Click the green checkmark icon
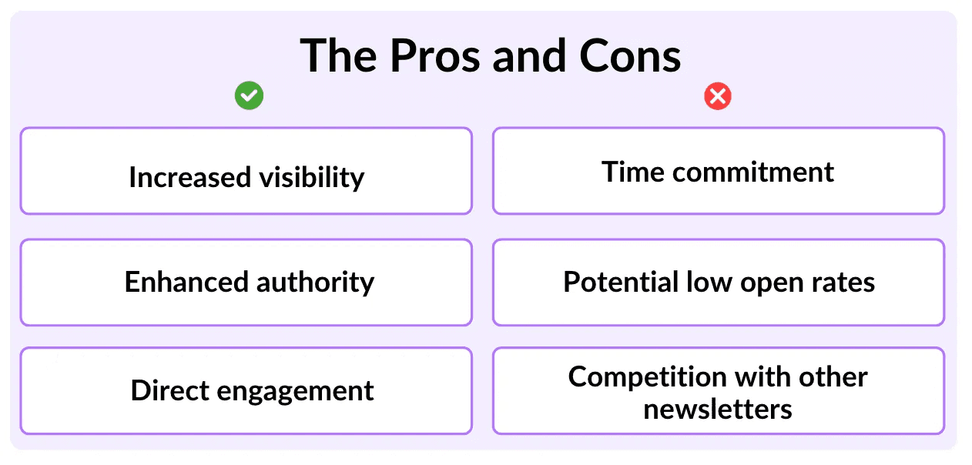coord(249,95)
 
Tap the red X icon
coord(718,96)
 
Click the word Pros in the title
coord(435,56)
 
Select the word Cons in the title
coord(630,56)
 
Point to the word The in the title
coord(338,56)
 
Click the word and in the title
coord(530,56)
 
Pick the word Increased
coord(190,177)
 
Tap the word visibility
coord(312,178)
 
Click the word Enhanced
coord(186,282)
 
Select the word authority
coord(316,283)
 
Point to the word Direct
coord(170,390)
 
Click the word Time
coord(632,172)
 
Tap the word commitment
coord(753,172)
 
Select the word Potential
coord(621,282)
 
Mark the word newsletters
coord(718,410)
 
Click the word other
coord(833,376)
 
